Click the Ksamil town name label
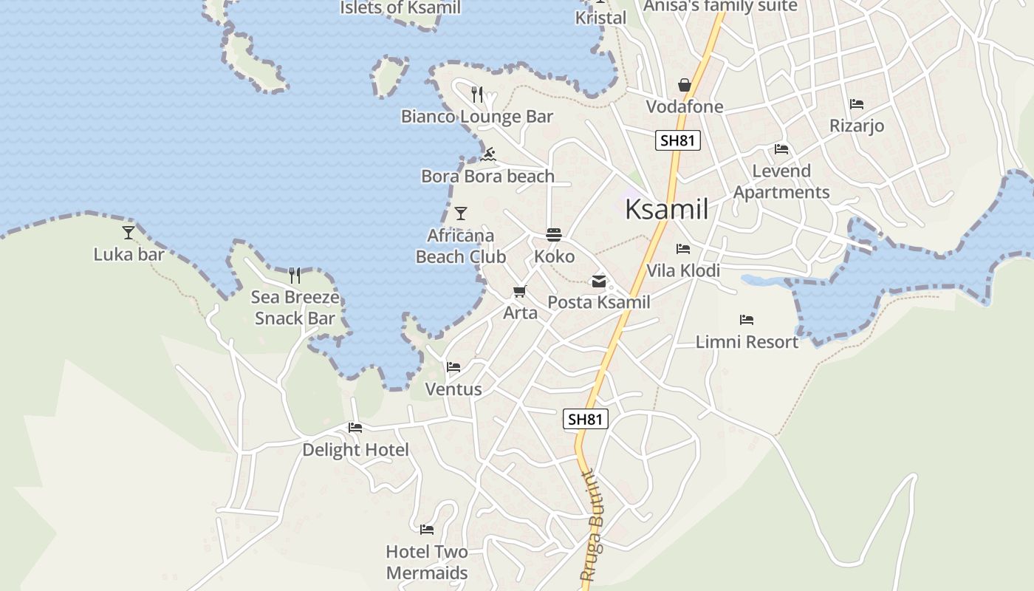[666, 209]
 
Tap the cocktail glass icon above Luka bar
[129, 233]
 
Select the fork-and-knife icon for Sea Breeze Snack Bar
[295, 276]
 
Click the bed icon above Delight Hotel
[355, 428]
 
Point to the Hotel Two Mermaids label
[427, 562]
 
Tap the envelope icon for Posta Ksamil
[598, 281]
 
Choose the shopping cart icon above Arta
[520, 291]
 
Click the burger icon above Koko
[554, 235]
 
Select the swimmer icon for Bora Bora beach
[487, 155]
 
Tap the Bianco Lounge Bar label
[477, 117]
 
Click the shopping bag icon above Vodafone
[685, 85]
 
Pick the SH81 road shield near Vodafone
[677, 140]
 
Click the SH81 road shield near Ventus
[586, 420]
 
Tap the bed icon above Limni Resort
[747, 320]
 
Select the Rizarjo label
[857, 126]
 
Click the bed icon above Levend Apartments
[781, 149]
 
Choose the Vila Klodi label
[683, 270]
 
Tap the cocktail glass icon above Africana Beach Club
[461, 213]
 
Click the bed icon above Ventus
[453, 367]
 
